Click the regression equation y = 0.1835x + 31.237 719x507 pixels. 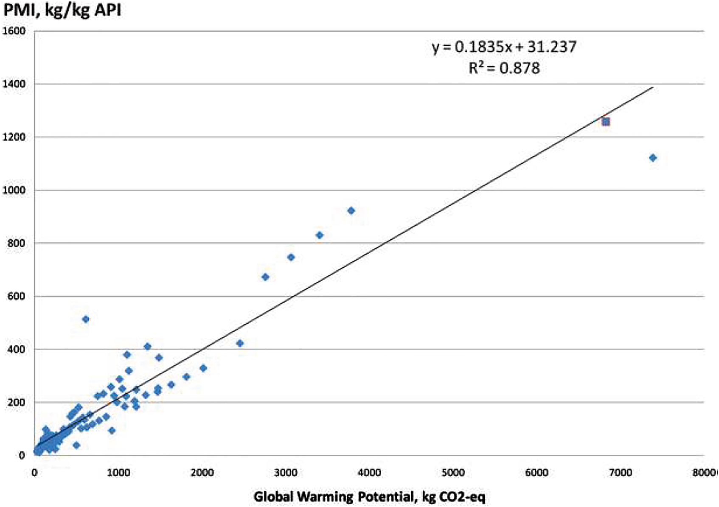[x=504, y=47]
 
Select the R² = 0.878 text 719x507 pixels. [x=504, y=68]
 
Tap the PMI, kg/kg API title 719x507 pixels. [x=62, y=10]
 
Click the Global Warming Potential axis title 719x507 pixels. [x=369, y=497]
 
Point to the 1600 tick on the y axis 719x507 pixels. [x=14, y=31]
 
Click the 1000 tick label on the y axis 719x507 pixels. [x=14, y=190]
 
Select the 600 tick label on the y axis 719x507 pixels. [x=17, y=296]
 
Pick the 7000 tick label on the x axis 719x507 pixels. [x=620, y=473]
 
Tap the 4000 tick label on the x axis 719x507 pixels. [x=369, y=473]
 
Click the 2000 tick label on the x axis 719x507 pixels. [x=202, y=473]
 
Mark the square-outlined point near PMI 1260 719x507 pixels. [x=606, y=122]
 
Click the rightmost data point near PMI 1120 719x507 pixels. [x=653, y=158]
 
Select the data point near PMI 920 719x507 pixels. [x=351, y=211]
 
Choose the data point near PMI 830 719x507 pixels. [x=320, y=235]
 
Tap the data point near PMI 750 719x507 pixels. [x=291, y=258]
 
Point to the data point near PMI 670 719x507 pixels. [x=265, y=277]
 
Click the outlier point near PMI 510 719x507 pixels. [x=86, y=319]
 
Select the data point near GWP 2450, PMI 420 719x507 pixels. [x=240, y=343]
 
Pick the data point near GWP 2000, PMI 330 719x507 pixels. [x=203, y=368]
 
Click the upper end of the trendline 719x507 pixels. [x=652, y=87]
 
